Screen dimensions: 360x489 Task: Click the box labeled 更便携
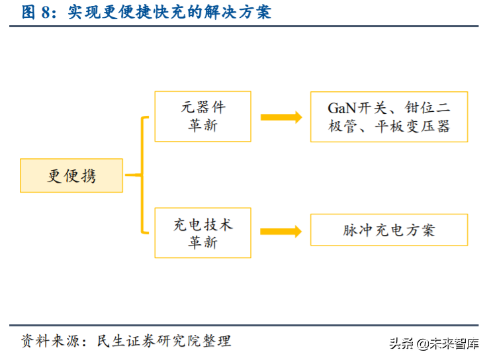pyautogui.click(x=71, y=176)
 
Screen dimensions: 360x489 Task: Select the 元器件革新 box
pyautogui.click(x=202, y=116)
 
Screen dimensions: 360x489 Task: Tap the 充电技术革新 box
pyautogui.click(x=202, y=233)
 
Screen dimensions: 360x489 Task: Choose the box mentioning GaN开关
pyautogui.click(x=389, y=116)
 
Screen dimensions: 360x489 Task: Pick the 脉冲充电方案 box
pyautogui.click(x=389, y=230)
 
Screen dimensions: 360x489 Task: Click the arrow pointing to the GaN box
pyautogui.click(x=281, y=117)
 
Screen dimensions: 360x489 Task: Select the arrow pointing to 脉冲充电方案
pyautogui.click(x=281, y=231)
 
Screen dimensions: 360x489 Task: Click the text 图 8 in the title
pyautogui.click(x=36, y=12)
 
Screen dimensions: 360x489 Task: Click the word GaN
pyautogui.click(x=343, y=108)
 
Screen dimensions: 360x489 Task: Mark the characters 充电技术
pyautogui.click(x=202, y=225)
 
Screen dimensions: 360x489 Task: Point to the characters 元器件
pyautogui.click(x=202, y=108)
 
